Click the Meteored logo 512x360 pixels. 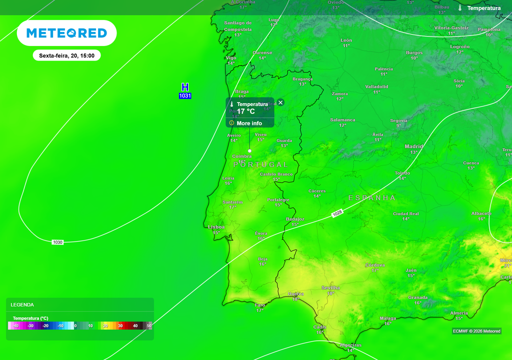(x=66, y=33)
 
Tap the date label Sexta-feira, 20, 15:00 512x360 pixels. (x=66, y=55)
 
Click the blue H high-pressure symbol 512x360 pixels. (x=185, y=87)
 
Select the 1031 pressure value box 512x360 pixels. (x=185, y=95)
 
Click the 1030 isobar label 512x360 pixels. (x=57, y=242)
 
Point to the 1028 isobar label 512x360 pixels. (x=337, y=213)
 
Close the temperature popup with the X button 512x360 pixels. (x=280, y=102)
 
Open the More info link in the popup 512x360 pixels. (x=249, y=123)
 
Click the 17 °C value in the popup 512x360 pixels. (x=246, y=111)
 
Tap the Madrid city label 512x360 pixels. (x=413, y=146)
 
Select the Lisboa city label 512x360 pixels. (x=216, y=227)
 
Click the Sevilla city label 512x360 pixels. (x=330, y=288)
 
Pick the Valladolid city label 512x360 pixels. (x=376, y=86)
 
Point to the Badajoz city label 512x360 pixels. (x=295, y=219)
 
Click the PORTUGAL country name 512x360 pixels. (x=260, y=164)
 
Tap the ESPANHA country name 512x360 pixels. (x=372, y=198)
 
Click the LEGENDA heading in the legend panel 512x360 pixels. (x=22, y=304)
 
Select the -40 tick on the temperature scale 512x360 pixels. (x=15, y=326)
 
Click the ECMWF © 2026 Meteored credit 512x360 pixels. (x=476, y=331)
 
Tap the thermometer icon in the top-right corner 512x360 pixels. (x=460, y=8)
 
